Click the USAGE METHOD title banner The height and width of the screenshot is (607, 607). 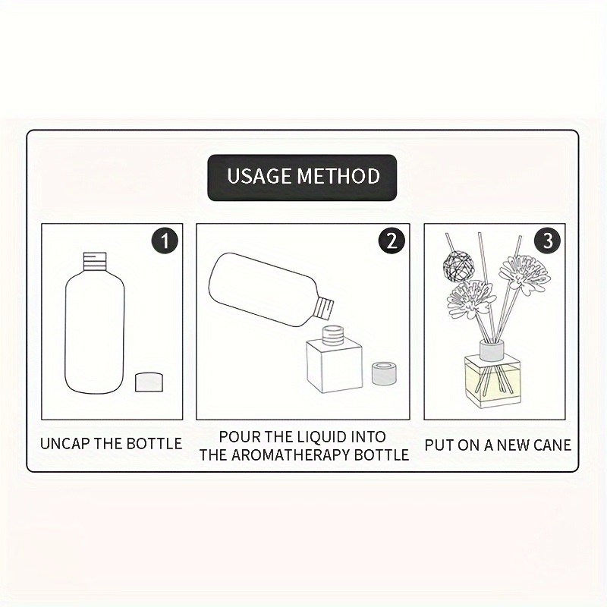point(302,178)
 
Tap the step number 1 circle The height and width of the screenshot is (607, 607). point(165,241)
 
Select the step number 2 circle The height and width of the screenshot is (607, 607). point(392,241)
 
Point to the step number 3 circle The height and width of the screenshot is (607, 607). point(547,241)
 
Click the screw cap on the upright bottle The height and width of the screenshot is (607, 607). point(95,259)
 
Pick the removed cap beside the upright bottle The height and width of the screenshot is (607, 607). point(149,382)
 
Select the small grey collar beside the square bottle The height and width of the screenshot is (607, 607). point(384,373)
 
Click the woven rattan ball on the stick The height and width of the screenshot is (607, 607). point(456,265)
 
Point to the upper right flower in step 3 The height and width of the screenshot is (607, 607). point(524,275)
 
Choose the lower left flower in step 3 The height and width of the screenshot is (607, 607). point(471,299)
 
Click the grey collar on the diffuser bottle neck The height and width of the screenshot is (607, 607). point(491,349)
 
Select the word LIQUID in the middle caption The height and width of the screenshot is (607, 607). point(322,437)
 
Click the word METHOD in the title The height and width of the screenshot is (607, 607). point(338,176)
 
